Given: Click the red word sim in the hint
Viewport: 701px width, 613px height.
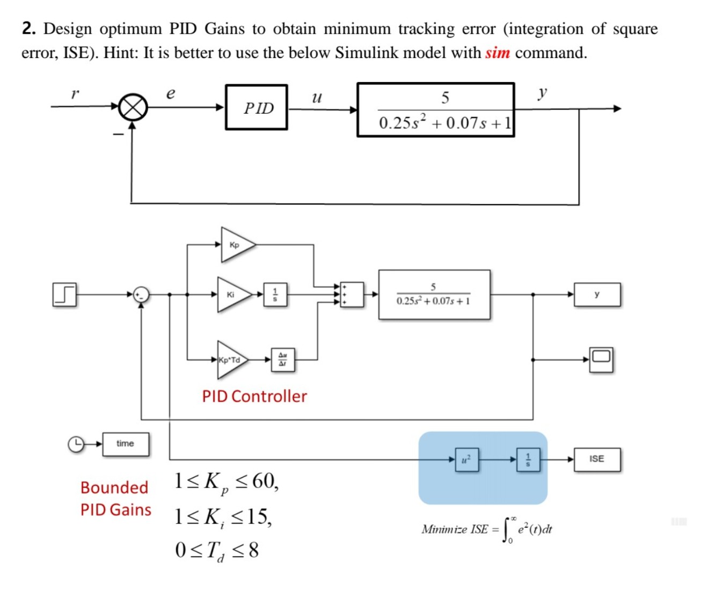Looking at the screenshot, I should pyautogui.click(x=497, y=53).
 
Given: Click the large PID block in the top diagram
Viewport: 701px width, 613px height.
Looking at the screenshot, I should pyautogui.click(x=257, y=107).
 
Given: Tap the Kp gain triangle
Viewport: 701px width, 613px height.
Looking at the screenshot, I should pyautogui.click(x=236, y=245).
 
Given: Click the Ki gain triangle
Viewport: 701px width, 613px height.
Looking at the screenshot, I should pyautogui.click(x=232, y=294).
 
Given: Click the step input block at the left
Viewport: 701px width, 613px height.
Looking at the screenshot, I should pyautogui.click(x=64, y=294).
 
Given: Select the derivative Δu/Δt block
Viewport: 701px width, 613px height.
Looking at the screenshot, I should pyautogui.click(x=282, y=360).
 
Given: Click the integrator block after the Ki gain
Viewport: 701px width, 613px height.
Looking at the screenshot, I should pyautogui.click(x=275, y=294).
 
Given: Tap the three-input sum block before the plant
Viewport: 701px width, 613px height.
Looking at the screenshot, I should pyautogui.click(x=352, y=294).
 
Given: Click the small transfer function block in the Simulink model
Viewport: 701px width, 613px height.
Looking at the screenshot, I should pyautogui.click(x=434, y=295).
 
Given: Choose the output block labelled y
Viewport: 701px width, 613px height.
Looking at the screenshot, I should pyautogui.click(x=597, y=295).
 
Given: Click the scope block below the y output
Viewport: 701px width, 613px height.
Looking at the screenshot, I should pyautogui.click(x=601, y=359).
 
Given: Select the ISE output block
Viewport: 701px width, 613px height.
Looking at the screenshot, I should pyautogui.click(x=597, y=459).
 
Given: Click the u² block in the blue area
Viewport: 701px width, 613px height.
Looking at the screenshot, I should pyautogui.click(x=466, y=459).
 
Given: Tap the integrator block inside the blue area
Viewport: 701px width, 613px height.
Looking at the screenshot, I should pyautogui.click(x=528, y=459).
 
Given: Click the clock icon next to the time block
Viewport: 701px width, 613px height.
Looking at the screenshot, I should pyautogui.click(x=76, y=444).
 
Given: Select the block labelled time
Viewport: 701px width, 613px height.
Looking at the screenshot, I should pyautogui.click(x=126, y=444).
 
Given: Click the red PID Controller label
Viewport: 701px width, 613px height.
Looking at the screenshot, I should pyautogui.click(x=254, y=397).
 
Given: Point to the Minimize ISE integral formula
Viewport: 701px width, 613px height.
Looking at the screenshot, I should pyautogui.click(x=486, y=530).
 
